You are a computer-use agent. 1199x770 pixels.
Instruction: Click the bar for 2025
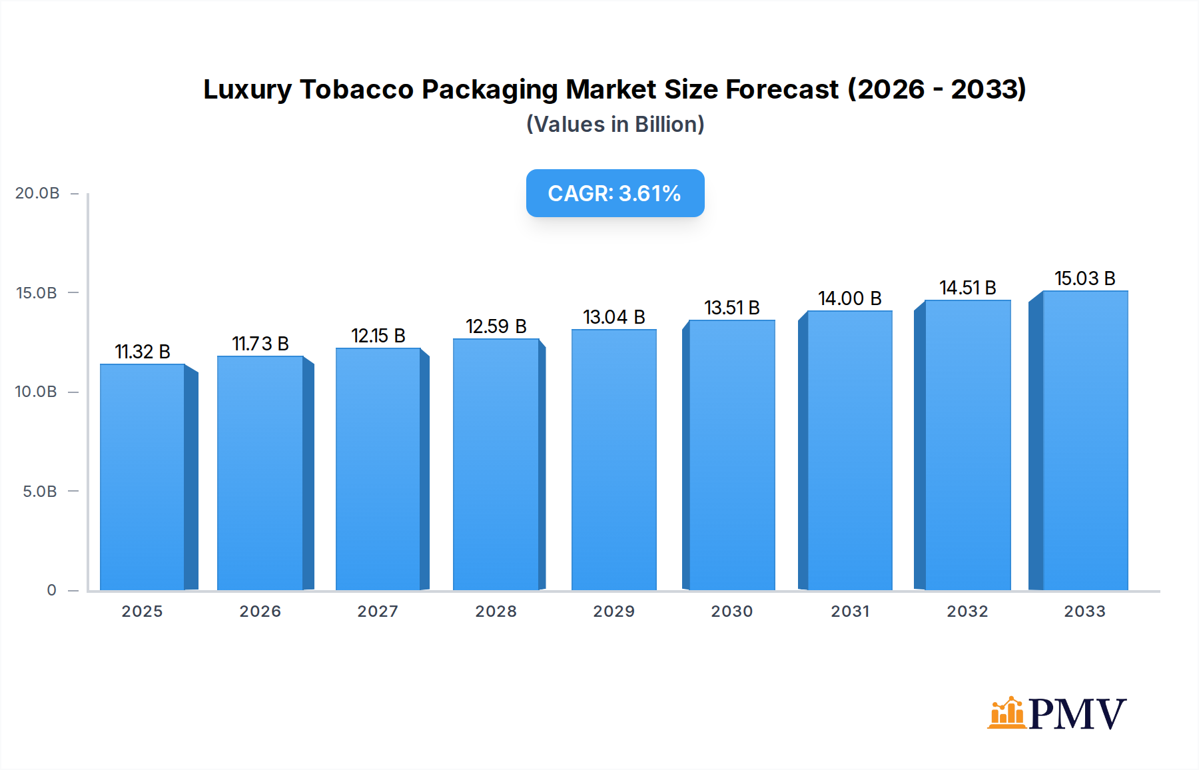pyautogui.click(x=143, y=477)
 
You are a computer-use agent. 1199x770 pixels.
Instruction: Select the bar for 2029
pyautogui.click(x=614, y=460)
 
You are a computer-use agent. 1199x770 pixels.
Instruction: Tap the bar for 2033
pyautogui.click(x=1085, y=440)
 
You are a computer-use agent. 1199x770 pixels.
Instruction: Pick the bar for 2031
pyautogui.click(x=850, y=450)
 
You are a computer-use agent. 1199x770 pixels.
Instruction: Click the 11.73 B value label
pyautogui.click(x=260, y=344)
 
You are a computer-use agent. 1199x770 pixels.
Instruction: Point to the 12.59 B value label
pyautogui.click(x=496, y=326)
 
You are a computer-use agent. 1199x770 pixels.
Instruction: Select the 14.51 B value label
pyautogui.click(x=968, y=288)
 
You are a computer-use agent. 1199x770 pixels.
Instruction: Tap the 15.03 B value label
pyautogui.click(x=1085, y=278)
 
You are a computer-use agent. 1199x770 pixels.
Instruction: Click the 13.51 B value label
pyautogui.click(x=732, y=308)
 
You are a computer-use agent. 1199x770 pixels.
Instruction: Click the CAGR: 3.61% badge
pyautogui.click(x=615, y=193)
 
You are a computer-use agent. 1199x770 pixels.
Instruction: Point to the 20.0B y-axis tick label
pyautogui.click(x=37, y=193)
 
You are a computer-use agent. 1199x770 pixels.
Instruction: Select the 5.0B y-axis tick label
pyautogui.click(x=40, y=492)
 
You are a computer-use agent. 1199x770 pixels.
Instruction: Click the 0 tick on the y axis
pyautogui.click(x=51, y=590)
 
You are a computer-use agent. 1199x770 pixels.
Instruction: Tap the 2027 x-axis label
pyautogui.click(x=378, y=611)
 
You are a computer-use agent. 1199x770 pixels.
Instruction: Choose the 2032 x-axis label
pyautogui.click(x=968, y=611)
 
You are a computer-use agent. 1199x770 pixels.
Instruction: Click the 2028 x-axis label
pyautogui.click(x=496, y=611)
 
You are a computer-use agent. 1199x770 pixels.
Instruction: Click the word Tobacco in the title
pyautogui.click(x=356, y=89)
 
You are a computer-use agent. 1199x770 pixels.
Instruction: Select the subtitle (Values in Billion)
pyautogui.click(x=615, y=125)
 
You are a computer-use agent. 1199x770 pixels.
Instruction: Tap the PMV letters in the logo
pyautogui.click(x=1077, y=714)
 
